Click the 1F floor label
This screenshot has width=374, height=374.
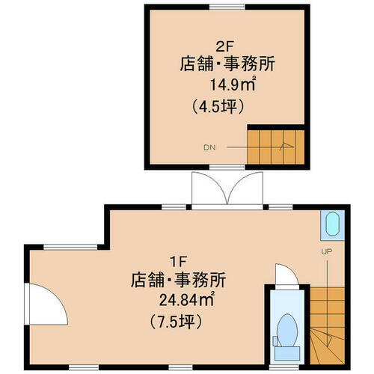coord(177,262)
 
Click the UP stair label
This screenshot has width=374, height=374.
coord(326,252)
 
